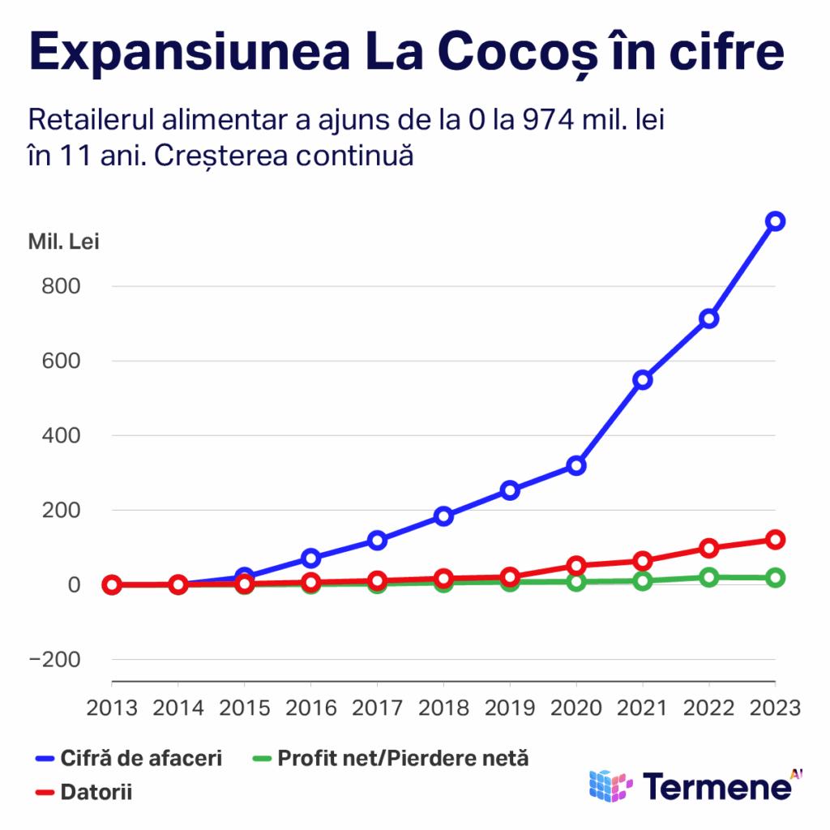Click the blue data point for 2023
coord(775,221)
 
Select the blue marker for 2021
coord(643,379)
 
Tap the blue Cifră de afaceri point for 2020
coord(576,465)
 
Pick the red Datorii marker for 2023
coord(775,539)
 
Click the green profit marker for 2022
coord(709,577)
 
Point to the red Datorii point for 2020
coord(576,565)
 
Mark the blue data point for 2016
coord(310,558)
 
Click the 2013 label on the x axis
coord(112,707)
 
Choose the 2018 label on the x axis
coord(443,707)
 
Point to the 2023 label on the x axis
coord(774,707)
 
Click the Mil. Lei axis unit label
coord(64,242)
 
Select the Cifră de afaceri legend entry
coord(130,759)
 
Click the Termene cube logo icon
coord(610,785)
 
